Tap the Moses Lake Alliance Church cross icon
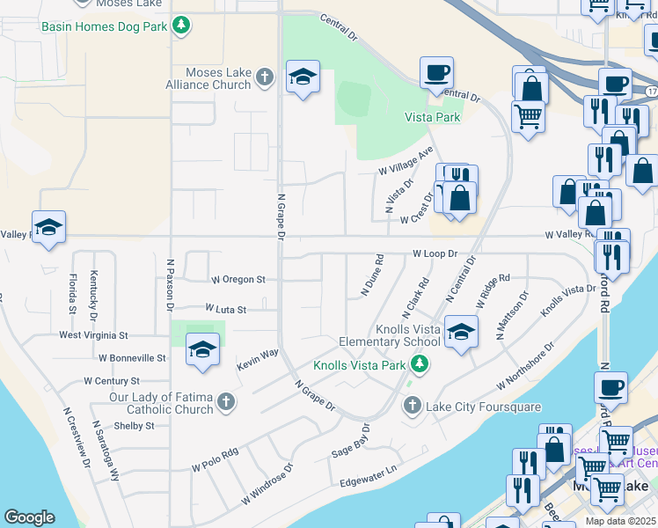pyautogui.click(x=264, y=78)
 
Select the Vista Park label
pyautogui.click(x=432, y=117)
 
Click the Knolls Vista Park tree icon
pyautogui.click(x=420, y=364)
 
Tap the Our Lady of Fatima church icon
pyautogui.click(x=226, y=403)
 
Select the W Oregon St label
pyautogui.click(x=238, y=280)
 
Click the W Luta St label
pyautogui.click(x=225, y=309)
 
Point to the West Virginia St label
pyautogui.click(x=93, y=335)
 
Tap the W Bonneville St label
pyautogui.click(x=132, y=358)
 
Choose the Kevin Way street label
pyautogui.click(x=256, y=359)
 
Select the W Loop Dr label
pyautogui.click(x=436, y=253)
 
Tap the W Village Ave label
pyautogui.click(x=406, y=160)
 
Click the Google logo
pyautogui.click(x=29, y=517)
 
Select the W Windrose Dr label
pyautogui.click(x=266, y=482)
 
